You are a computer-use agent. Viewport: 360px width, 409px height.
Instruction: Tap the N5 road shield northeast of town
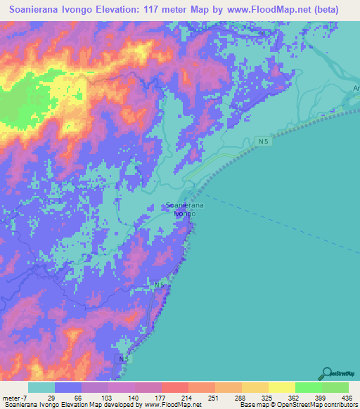point(263,142)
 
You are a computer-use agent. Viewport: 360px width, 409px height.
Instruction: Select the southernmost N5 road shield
point(124,358)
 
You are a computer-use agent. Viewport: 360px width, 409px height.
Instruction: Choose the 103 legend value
point(108,398)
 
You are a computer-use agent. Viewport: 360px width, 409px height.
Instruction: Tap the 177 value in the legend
point(161,398)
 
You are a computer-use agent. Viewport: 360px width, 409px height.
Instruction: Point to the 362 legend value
point(295,398)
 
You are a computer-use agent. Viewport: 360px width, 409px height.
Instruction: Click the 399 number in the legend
point(321,398)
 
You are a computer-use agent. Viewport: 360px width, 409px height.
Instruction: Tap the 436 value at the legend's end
point(347,398)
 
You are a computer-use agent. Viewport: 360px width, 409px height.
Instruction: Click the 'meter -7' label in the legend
point(13,398)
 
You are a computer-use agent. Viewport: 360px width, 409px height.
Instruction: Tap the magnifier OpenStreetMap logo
point(326,373)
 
